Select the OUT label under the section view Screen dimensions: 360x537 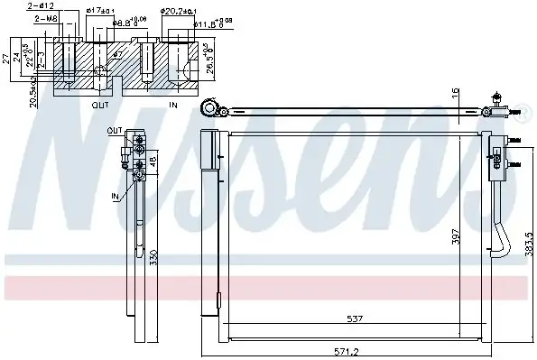(101, 105)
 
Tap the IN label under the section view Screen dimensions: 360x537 (173, 105)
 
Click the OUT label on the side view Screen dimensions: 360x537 (114, 131)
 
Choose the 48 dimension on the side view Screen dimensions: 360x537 (153, 163)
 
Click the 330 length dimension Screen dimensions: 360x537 (153, 257)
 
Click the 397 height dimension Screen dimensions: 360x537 (457, 236)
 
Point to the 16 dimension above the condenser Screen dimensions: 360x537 (457, 91)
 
